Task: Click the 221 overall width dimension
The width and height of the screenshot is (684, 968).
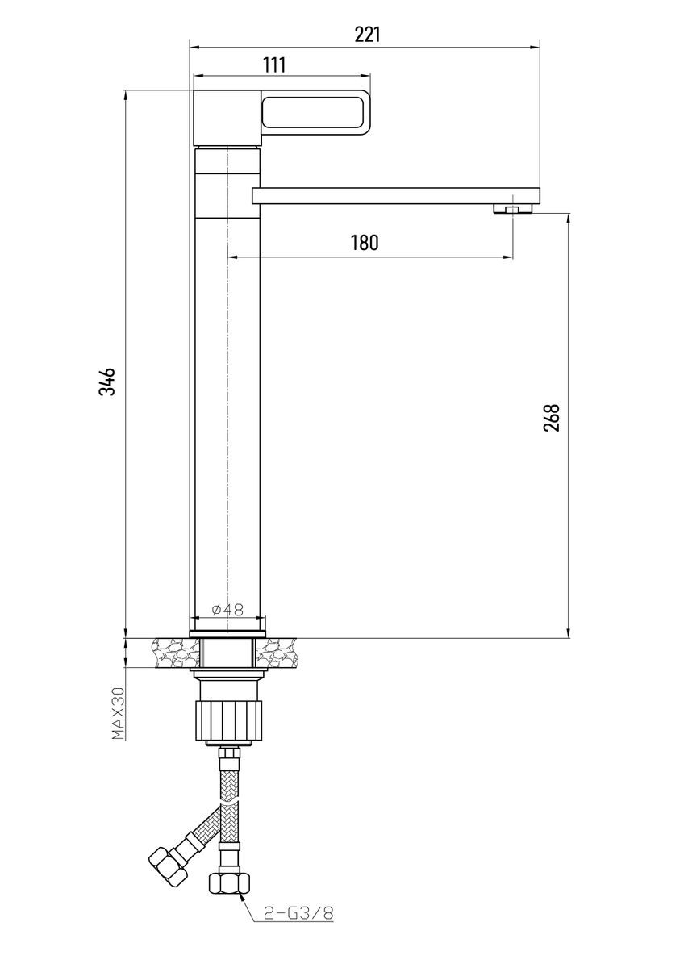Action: point(367,35)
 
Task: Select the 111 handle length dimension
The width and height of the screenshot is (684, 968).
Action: point(274,65)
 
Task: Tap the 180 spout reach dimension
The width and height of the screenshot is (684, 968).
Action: point(365,243)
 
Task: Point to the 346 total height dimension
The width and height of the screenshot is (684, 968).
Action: point(106,382)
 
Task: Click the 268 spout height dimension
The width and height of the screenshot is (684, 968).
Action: point(552,418)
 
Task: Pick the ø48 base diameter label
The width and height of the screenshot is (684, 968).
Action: point(227,610)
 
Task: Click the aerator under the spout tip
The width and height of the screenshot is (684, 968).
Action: point(513,209)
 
